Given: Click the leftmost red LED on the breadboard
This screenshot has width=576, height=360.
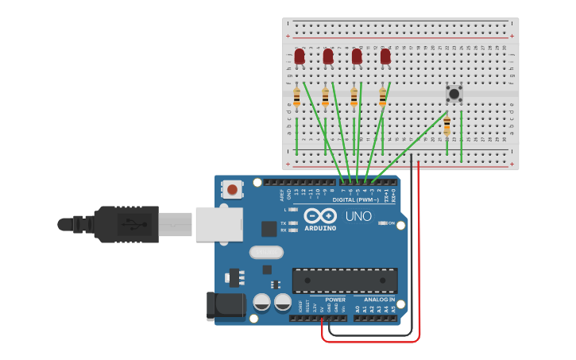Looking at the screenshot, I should click(x=300, y=56).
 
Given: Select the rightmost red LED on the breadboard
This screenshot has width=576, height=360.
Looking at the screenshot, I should click(x=385, y=56).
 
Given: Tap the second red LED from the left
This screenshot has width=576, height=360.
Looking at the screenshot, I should click(x=328, y=56).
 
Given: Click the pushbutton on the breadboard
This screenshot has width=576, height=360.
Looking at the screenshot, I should click(x=454, y=94).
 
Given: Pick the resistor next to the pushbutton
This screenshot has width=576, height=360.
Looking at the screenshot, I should click(x=446, y=126).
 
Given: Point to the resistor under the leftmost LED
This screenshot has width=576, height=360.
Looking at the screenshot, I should click(x=296, y=97).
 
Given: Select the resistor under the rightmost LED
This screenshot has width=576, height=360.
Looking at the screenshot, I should click(x=382, y=97).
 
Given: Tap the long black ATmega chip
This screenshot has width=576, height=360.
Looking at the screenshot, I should click(x=345, y=281).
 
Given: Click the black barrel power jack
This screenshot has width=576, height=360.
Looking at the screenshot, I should click(x=223, y=306).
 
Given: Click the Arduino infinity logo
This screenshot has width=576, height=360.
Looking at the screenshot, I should click(x=319, y=216).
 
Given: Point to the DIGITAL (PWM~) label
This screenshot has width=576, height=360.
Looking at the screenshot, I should click(x=356, y=199).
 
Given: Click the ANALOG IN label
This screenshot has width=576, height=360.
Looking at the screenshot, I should click(x=379, y=300).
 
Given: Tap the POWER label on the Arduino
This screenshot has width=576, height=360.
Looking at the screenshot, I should click(x=335, y=300).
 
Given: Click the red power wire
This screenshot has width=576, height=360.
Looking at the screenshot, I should click(x=419, y=262).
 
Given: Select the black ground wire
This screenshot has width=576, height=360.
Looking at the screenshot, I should click(x=411, y=262).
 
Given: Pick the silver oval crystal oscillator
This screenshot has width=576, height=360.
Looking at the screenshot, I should click(x=266, y=253).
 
